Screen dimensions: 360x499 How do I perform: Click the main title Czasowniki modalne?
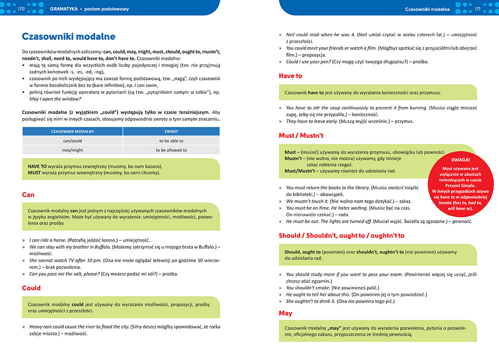point(69,36)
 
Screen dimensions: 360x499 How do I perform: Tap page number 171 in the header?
point(477,8)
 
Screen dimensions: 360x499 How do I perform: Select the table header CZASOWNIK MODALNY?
point(72,131)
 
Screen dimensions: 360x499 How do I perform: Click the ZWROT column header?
point(171,131)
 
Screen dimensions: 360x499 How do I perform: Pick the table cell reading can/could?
point(72,141)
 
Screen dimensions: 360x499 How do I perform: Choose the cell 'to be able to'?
point(171,141)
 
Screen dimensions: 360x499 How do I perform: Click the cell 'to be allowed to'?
point(171,150)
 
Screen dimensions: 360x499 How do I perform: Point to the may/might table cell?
point(72,150)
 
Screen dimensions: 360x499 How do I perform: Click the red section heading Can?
point(28,195)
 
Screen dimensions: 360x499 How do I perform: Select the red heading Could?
point(31,288)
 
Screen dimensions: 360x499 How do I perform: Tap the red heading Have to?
point(290,76)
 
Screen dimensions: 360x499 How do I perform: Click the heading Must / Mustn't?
point(301,135)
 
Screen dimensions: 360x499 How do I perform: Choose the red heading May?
point(285,313)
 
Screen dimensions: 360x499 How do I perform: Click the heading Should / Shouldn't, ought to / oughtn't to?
point(341,235)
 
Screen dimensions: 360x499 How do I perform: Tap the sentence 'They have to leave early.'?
point(312,121)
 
